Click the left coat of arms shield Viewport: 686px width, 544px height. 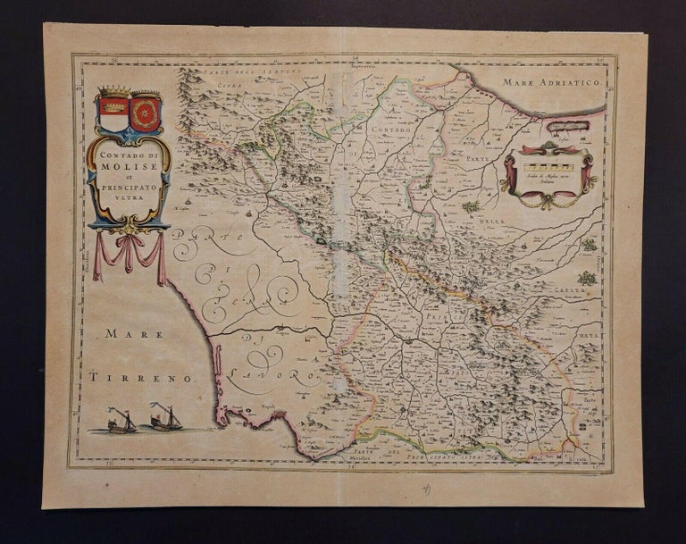[112, 114]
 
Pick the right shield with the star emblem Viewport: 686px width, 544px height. [145, 114]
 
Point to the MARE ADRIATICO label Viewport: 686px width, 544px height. [553, 81]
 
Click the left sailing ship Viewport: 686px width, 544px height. [121, 420]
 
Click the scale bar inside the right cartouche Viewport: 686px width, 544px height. [547, 167]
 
